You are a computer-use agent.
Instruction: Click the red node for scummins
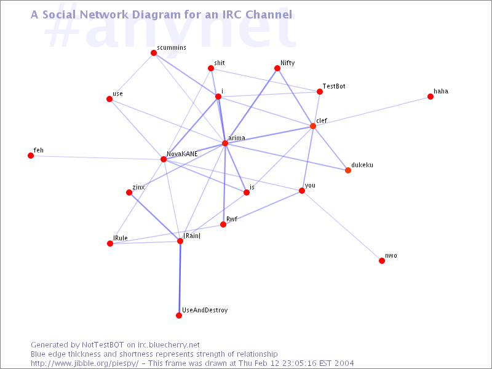pyautogui.click(x=154, y=53)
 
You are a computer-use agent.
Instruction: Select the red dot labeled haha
pyautogui.click(x=430, y=97)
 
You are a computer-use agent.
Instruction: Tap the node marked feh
pyautogui.click(x=31, y=156)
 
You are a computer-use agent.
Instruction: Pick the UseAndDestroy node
pyautogui.click(x=179, y=315)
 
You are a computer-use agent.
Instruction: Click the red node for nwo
pyautogui.click(x=382, y=261)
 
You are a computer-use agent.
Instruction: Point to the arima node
pyautogui.click(x=225, y=143)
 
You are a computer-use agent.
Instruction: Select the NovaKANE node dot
pyautogui.click(x=164, y=159)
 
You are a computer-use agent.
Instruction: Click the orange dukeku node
pyautogui.click(x=348, y=170)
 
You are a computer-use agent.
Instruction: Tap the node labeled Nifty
pyautogui.click(x=277, y=68)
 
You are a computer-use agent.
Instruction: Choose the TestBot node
pyautogui.click(x=320, y=92)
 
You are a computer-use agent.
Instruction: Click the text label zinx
pyautogui.click(x=138, y=188)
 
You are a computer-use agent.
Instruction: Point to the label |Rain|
pyautogui.click(x=192, y=236)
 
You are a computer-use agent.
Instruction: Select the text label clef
pyautogui.click(x=322, y=121)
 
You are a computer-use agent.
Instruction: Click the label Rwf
pyautogui.click(x=232, y=219)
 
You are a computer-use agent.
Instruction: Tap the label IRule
pyautogui.click(x=121, y=238)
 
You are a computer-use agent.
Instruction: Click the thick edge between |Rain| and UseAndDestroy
pyautogui.click(x=180, y=279)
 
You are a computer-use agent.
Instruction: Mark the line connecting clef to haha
pyautogui.click(x=372, y=111)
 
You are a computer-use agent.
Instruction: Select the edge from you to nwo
pyautogui.click(x=342, y=226)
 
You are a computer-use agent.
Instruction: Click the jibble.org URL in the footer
pyautogui.click(x=84, y=363)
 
